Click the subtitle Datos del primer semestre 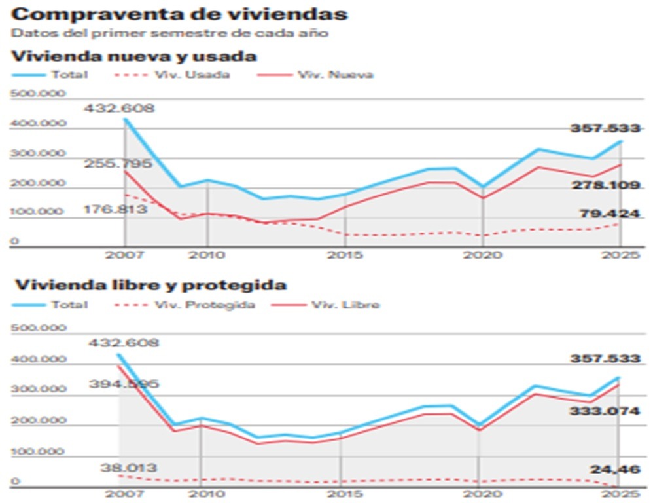169,33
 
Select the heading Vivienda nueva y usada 134,56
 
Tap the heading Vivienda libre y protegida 151,286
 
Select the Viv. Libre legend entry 345,305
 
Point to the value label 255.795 118,163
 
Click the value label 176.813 115,210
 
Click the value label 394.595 125,384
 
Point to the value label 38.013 128,468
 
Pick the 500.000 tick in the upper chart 38,94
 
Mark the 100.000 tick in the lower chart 38,451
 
